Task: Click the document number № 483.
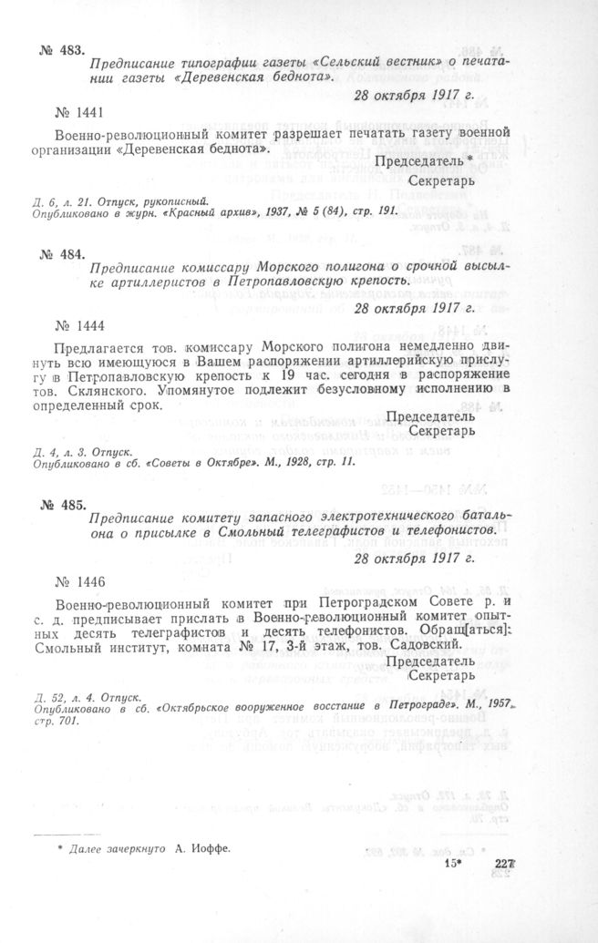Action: point(62,51)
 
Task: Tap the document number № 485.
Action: point(62,504)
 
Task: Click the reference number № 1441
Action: point(81,112)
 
